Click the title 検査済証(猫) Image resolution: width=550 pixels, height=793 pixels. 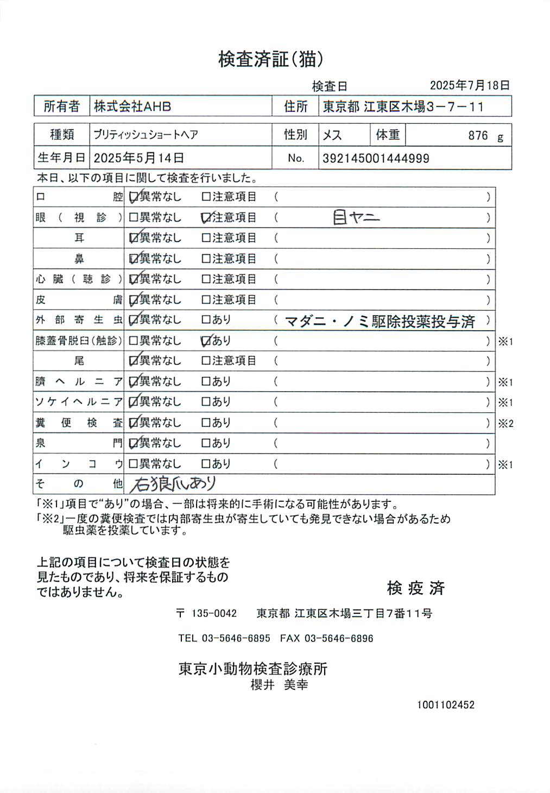(271, 59)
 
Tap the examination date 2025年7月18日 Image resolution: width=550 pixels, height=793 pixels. (470, 85)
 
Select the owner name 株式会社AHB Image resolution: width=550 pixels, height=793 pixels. (132, 106)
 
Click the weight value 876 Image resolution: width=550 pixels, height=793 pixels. (478, 135)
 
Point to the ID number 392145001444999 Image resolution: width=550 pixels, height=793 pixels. (376, 159)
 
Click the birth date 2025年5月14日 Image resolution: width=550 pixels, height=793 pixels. (138, 158)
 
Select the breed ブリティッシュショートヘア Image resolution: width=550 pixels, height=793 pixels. (146, 135)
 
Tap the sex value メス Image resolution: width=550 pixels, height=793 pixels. (332, 135)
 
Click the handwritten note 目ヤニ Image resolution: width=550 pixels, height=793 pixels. (356, 218)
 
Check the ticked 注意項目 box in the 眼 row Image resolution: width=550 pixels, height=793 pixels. (206, 218)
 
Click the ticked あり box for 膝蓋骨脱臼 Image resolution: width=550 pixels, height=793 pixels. (206, 341)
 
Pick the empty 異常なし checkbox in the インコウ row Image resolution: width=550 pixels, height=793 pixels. (133, 464)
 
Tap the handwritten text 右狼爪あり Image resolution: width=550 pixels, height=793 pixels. (173, 483)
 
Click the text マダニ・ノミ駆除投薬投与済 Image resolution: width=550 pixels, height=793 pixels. (380, 321)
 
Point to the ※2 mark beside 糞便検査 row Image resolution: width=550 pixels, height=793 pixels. (505, 423)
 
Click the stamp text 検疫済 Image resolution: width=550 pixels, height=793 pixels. (415, 588)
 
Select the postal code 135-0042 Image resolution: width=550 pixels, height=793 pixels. (214, 613)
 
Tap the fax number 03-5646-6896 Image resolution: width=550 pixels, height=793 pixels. (338, 638)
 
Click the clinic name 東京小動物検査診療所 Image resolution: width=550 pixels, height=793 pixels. (253, 669)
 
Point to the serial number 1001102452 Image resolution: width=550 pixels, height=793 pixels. (445, 704)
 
